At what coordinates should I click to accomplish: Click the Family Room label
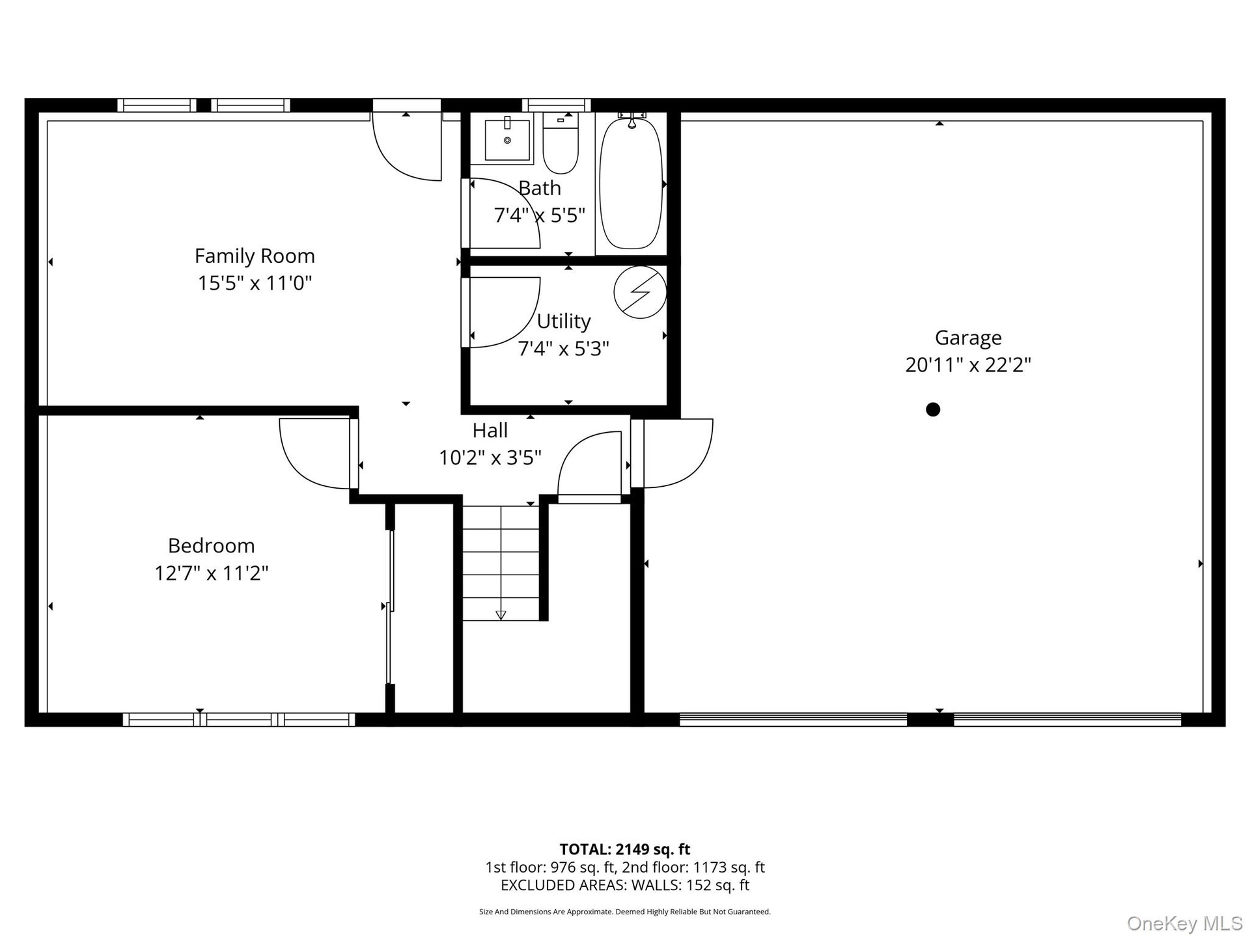pos(255,256)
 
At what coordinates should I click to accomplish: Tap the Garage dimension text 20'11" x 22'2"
pos(968,364)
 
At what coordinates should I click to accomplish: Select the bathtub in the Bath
pos(630,182)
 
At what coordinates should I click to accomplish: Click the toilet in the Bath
pos(561,143)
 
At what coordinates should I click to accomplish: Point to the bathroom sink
pos(508,138)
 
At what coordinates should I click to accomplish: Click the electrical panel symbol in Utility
pos(640,292)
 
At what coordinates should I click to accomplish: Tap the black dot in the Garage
pos(933,409)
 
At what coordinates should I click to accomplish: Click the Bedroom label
pos(212,545)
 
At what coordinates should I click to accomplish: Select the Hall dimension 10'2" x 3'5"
pos(490,457)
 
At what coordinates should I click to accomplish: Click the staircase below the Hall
pos(501,563)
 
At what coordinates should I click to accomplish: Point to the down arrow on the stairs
pos(501,615)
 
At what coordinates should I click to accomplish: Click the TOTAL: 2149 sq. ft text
pos(625,849)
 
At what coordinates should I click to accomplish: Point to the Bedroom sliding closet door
pos(390,606)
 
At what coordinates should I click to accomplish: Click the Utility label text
pos(564,321)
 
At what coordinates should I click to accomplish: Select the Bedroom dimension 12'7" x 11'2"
pos(212,573)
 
